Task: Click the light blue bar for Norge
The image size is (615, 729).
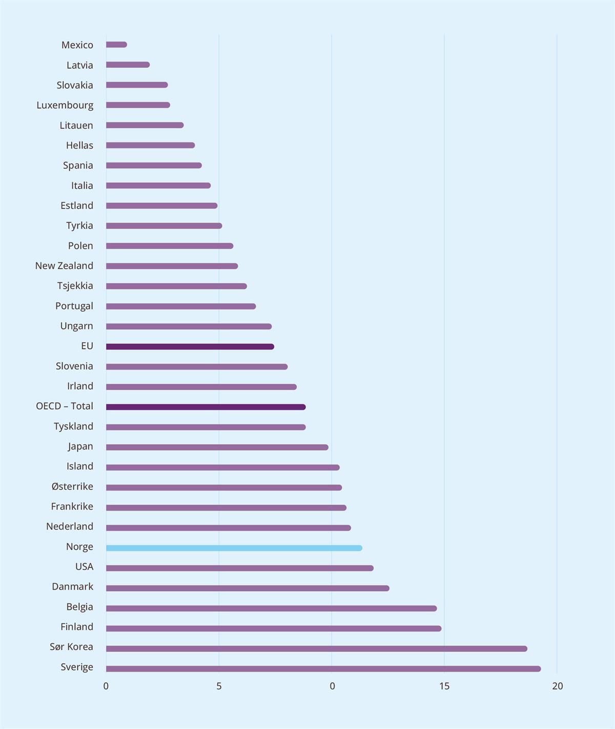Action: pos(234,548)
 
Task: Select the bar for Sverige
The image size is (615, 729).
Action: pos(323,669)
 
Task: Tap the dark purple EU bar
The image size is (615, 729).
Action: pos(190,347)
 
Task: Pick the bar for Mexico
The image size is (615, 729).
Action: pos(116,45)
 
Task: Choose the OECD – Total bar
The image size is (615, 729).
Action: pos(206,407)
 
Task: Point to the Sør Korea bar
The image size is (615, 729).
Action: pos(316,649)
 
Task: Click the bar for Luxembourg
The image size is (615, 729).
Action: pos(138,105)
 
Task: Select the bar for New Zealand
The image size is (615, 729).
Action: pos(172,266)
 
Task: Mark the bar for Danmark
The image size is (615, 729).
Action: pos(248,588)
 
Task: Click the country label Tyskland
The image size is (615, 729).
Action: pos(73,427)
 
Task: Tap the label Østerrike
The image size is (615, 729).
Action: pos(72,487)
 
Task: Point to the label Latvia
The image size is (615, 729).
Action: pos(80,65)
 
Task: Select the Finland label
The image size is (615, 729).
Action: pos(77,627)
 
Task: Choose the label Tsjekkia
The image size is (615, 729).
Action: pos(75,286)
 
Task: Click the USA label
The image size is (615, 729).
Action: pos(84,566)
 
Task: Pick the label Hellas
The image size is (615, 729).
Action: pos(79,146)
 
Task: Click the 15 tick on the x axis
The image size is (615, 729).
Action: pos(444,686)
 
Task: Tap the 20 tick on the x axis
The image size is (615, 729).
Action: pos(557,686)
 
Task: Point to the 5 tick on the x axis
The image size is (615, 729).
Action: pos(219,686)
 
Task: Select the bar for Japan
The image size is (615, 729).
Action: pos(217,447)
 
